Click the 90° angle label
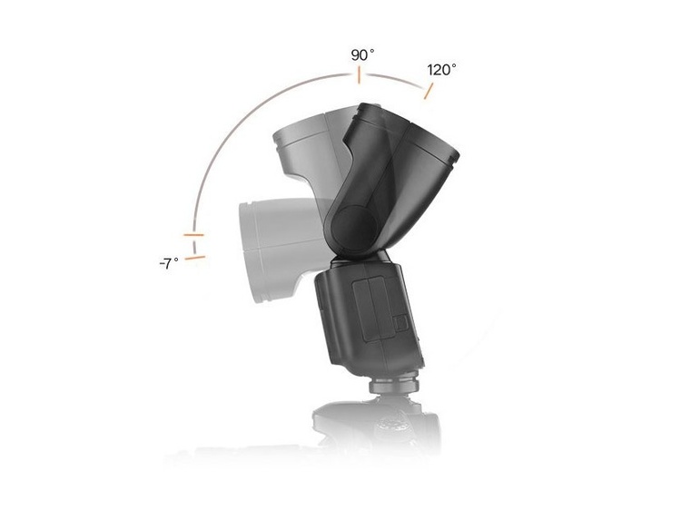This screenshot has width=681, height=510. point(362,55)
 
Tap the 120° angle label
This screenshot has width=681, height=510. point(442,69)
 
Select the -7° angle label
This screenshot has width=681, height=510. point(168,262)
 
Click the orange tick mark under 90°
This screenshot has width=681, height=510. point(360,75)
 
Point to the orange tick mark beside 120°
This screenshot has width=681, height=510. point(429,90)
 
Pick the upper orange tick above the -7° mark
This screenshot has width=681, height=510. point(194,235)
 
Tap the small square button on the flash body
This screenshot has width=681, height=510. point(396,321)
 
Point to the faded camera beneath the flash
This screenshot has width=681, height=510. point(377,427)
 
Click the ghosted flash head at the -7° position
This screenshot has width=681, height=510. point(272,240)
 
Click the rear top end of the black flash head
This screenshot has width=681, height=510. point(368,114)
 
